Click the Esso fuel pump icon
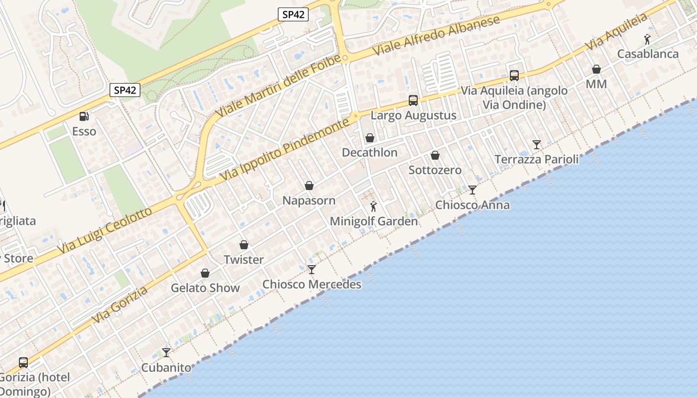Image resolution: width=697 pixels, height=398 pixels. click(x=84, y=116)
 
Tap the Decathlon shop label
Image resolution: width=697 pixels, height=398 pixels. click(x=369, y=152)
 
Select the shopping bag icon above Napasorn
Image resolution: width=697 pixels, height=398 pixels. click(x=309, y=186)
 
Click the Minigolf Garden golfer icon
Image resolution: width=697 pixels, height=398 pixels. click(x=373, y=206)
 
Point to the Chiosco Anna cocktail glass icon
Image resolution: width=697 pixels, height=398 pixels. click(x=472, y=190)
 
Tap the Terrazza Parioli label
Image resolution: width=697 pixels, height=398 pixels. click(x=536, y=159)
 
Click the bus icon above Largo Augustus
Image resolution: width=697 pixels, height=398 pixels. click(x=413, y=100)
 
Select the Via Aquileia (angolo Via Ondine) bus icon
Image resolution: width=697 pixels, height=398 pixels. click(x=514, y=76)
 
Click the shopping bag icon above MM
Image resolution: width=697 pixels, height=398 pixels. click(x=596, y=69)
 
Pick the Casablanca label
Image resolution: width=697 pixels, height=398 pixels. click(x=648, y=54)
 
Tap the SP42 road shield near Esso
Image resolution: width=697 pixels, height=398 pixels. click(x=125, y=90)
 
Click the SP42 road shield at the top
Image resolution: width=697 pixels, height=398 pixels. click(x=293, y=14)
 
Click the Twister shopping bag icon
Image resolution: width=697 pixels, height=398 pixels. click(x=244, y=245)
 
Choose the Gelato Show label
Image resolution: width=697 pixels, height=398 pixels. click(x=205, y=288)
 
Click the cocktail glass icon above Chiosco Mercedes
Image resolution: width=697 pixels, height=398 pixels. click(x=312, y=270)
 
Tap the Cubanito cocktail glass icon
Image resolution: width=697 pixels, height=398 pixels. click(x=166, y=353)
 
